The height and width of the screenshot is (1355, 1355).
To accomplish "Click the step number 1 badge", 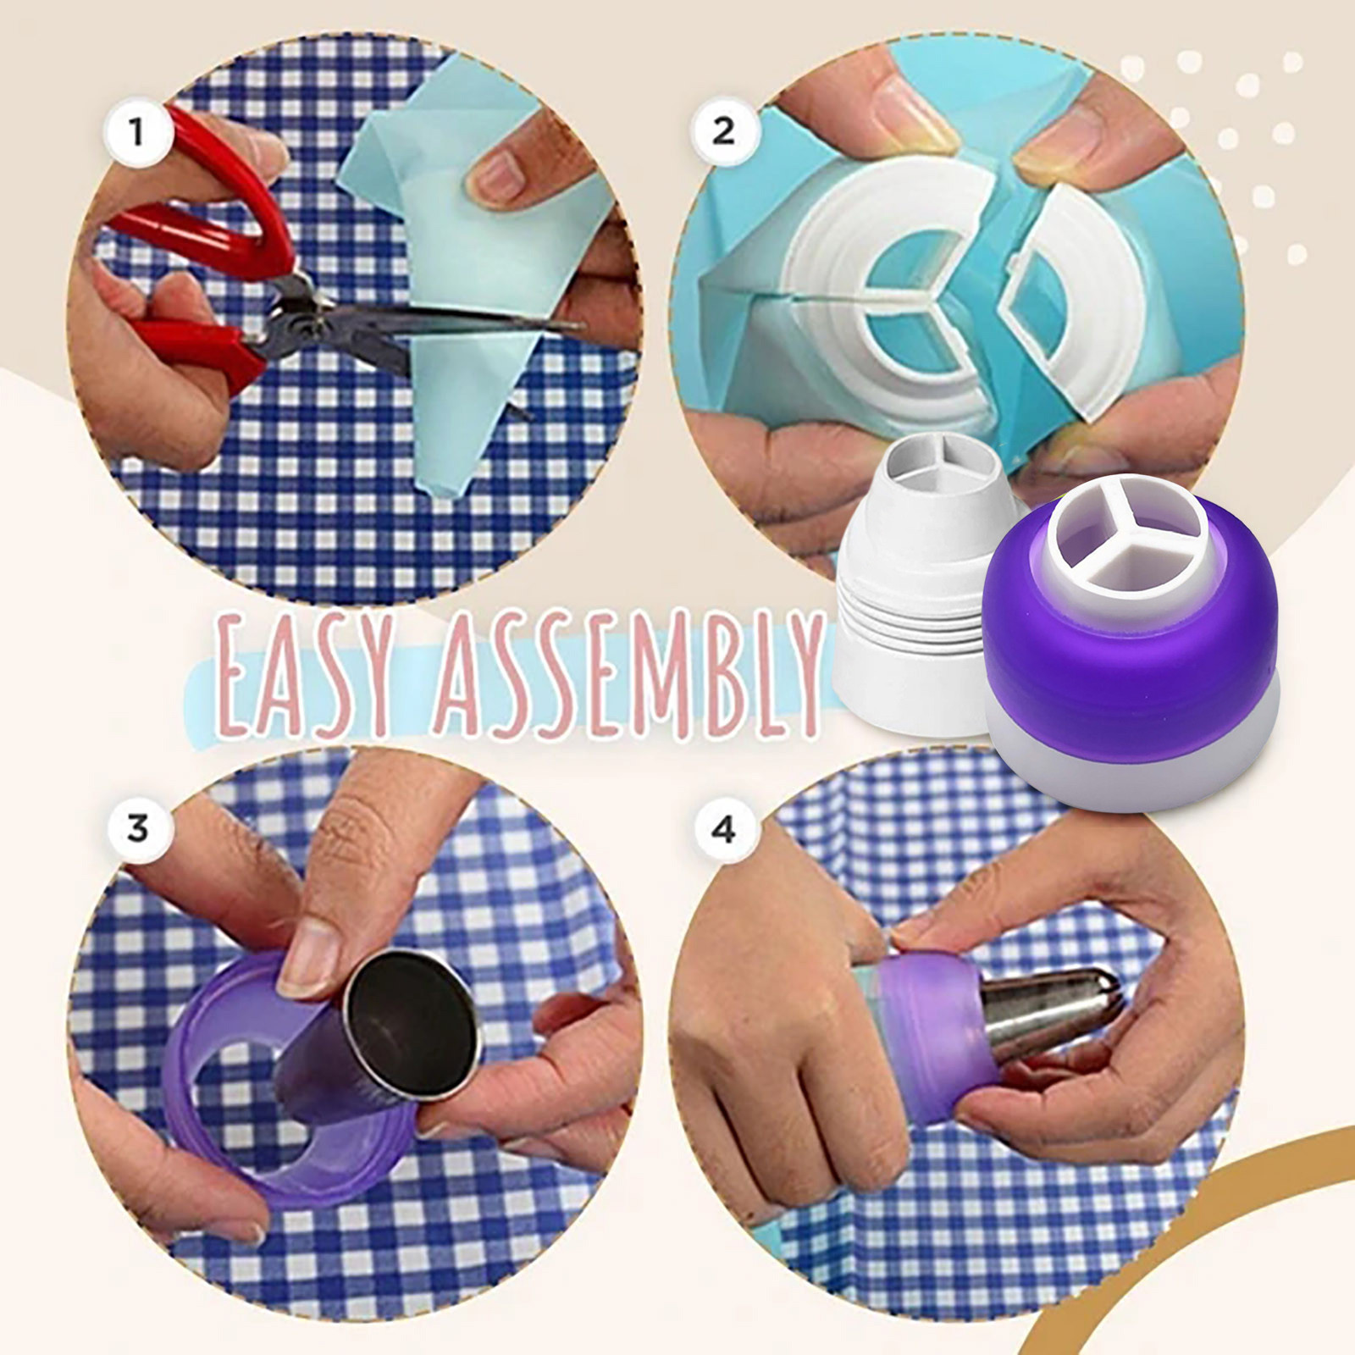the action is (136, 132).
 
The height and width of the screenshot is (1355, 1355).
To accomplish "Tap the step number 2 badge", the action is (722, 131).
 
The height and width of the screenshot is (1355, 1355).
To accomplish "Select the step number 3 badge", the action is (138, 828).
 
